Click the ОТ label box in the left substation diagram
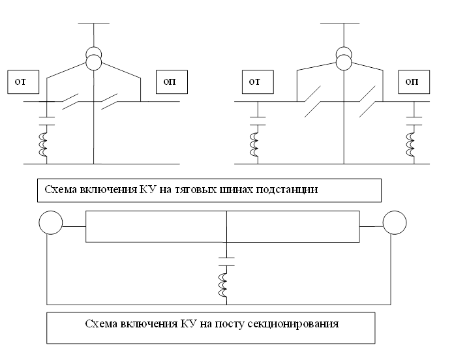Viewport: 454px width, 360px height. [22, 82]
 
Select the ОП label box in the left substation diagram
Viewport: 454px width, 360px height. [172, 82]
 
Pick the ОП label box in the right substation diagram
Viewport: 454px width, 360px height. [412, 82]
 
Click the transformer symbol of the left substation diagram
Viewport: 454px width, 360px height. [94, 59]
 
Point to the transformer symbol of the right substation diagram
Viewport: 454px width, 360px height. [343, 59]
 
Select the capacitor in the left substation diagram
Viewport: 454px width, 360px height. [46, 120]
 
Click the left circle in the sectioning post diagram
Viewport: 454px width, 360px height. [51, 224]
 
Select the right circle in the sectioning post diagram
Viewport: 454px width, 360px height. [395, 224]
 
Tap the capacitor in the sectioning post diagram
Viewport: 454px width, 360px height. [226, 261]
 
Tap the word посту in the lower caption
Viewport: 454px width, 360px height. [232, 323]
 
